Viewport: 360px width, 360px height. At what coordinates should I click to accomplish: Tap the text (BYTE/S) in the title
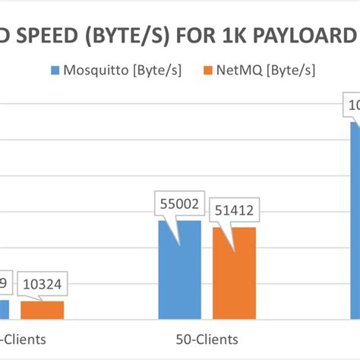134,36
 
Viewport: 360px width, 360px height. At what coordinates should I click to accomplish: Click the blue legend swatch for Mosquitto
55,71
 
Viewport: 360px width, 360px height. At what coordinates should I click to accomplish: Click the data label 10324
42,286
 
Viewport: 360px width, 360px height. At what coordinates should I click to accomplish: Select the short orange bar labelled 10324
42,310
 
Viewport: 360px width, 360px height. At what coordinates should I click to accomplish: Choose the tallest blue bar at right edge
355,220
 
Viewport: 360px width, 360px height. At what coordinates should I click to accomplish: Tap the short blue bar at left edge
4,309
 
